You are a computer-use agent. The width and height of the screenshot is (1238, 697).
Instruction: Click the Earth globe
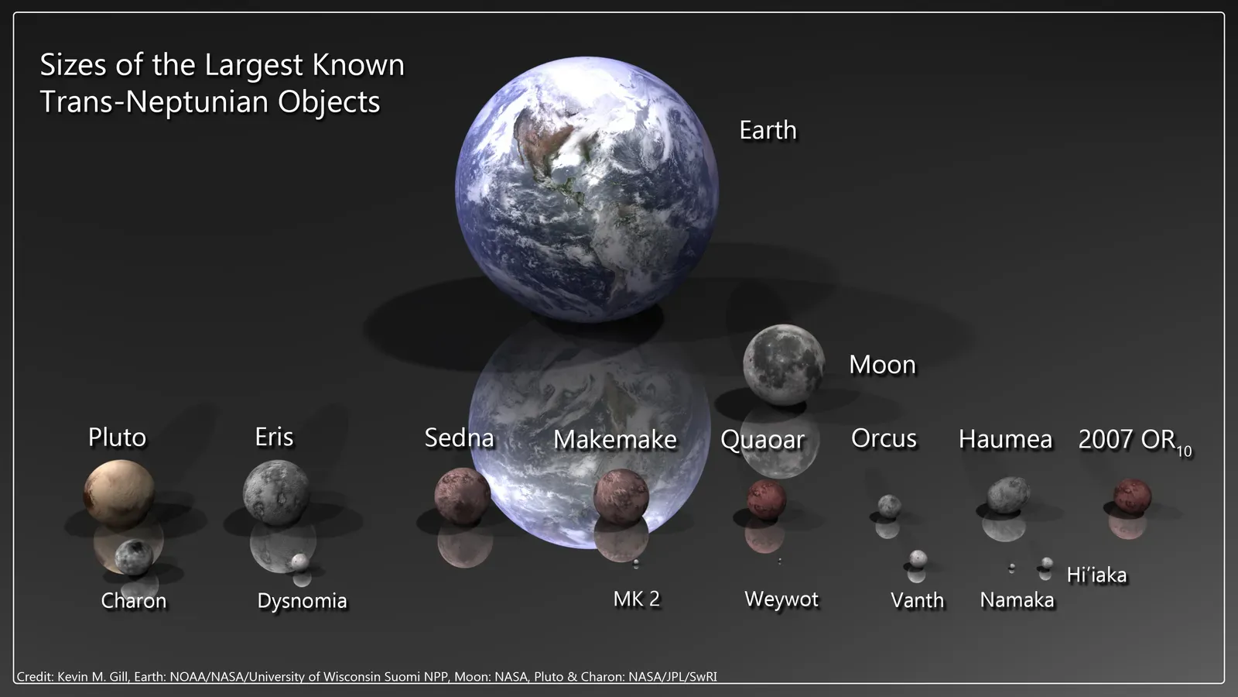click(587, 188)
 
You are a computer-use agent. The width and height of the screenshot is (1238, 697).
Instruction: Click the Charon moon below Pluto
click(133, 555)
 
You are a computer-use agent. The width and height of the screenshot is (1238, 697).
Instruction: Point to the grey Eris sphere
click(276, 493)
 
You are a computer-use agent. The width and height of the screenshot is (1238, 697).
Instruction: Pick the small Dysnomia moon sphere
click(300, 561)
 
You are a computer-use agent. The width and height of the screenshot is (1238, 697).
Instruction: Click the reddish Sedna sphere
click(462, 496)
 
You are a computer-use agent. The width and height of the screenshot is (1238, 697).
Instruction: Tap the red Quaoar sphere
click(766, 500)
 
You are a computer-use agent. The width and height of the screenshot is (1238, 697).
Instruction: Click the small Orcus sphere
click(889, 506)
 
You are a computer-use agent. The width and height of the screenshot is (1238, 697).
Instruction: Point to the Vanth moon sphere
click(918, 558)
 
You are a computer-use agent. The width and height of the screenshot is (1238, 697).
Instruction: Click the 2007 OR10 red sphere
click(1132, 496)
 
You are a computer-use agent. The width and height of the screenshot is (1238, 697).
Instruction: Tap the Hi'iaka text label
click(1096, 575)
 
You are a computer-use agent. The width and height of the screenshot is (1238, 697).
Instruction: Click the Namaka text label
click(1017, 600)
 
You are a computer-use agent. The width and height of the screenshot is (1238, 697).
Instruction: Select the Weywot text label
click(781, 599)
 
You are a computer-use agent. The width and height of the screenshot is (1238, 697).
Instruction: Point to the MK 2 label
click(636, 599)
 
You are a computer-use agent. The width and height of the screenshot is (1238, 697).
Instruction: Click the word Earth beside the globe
click(768, 130)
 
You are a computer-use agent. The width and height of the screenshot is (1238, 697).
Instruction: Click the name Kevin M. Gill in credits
click(92, 677)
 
